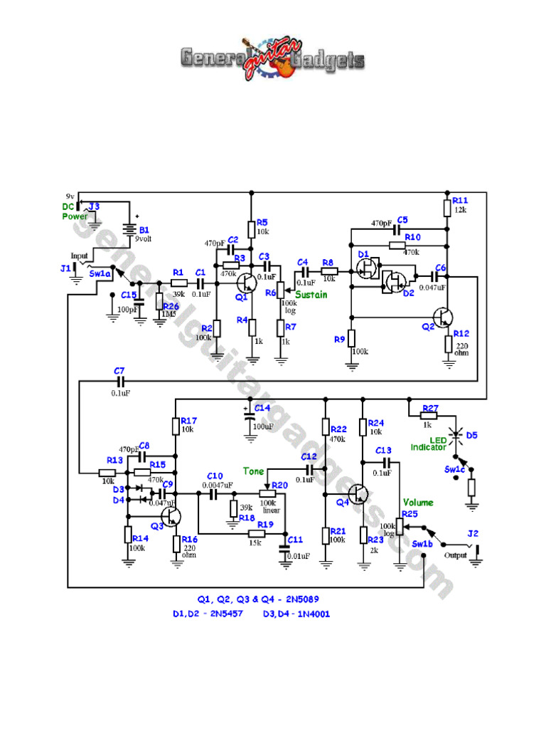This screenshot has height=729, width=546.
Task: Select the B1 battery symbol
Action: click(x=129, y=229)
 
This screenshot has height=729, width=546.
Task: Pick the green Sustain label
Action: click(x=311, y=295)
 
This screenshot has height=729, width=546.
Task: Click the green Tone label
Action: click(x=254, y=471)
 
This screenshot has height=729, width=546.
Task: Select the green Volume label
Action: click(x=418, y=503)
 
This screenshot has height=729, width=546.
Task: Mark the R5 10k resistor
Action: click(x=251, y=229)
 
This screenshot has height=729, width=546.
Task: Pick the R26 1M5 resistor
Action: click(x=159, y=301)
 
